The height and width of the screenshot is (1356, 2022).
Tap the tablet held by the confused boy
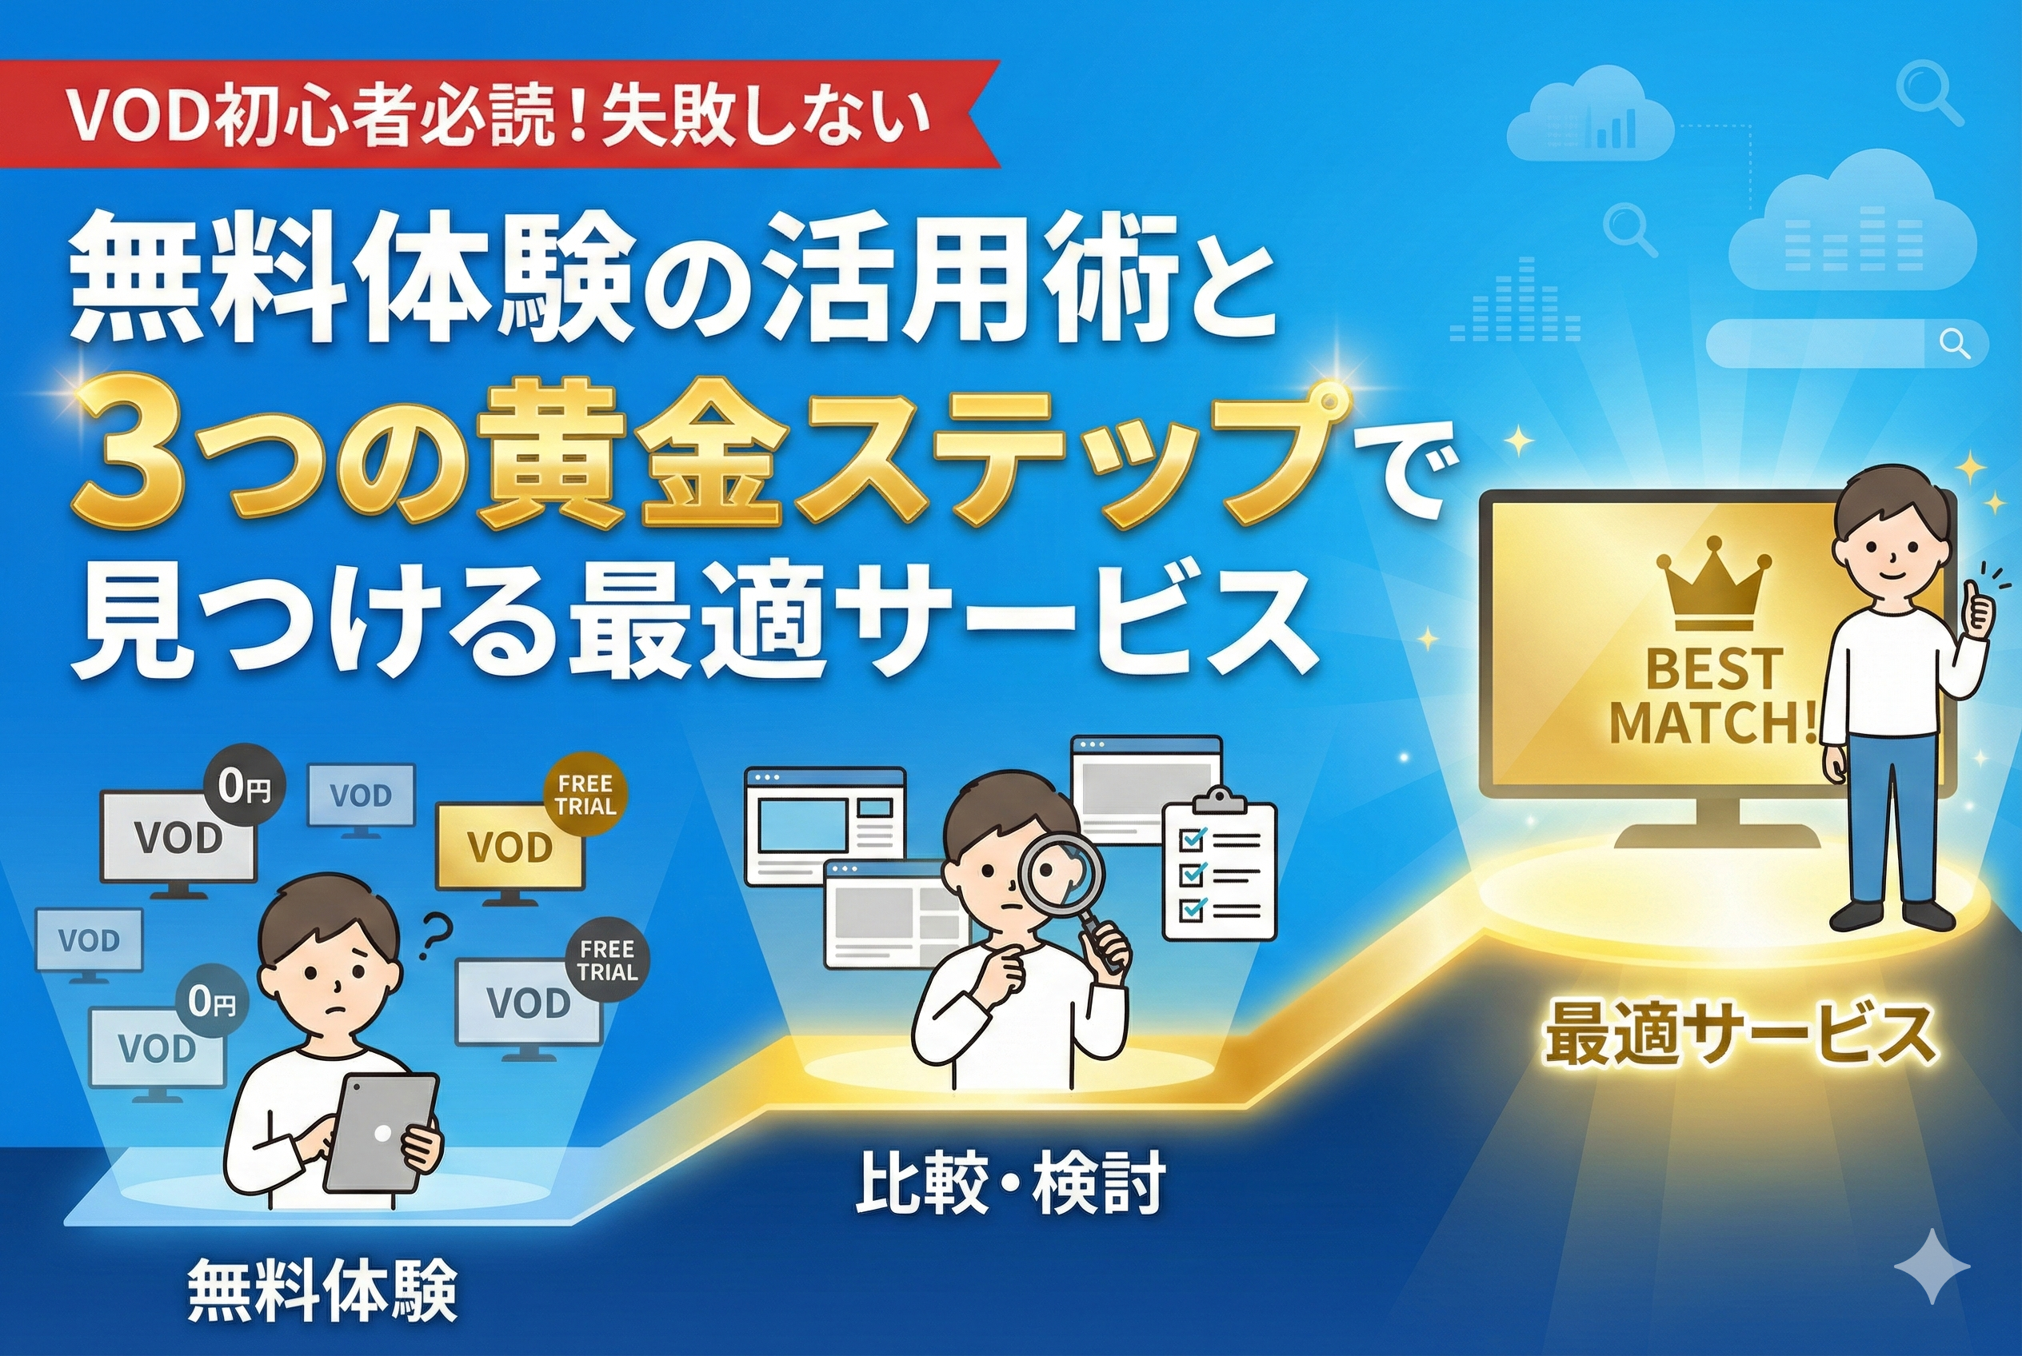pyautogui.click(x=382, y=1133)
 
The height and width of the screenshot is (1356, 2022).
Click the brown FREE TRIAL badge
pyautogui.click(x=585, y=795)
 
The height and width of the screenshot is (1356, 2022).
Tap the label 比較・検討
pyautogui.click(x=1009, y=1185)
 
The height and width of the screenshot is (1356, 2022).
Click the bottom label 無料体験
pyautogui.click(x=322, y=1291)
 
